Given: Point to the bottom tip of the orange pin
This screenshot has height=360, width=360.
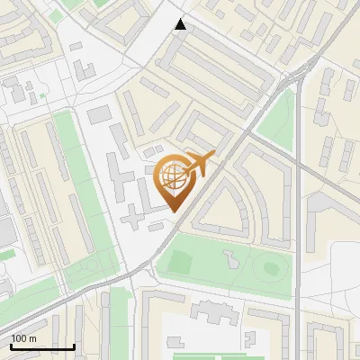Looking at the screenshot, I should [172, 211].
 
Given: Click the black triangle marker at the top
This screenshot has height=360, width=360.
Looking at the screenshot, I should [181, 24].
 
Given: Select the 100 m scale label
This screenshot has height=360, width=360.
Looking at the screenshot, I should [23, 338].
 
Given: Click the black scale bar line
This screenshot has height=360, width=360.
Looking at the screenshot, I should [42, 346].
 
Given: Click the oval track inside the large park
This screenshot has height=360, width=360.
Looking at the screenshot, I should [269, 266].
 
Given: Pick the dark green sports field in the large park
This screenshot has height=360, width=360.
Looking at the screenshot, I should [179, 264].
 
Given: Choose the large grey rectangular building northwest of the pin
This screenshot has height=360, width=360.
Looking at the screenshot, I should [99, 114].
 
